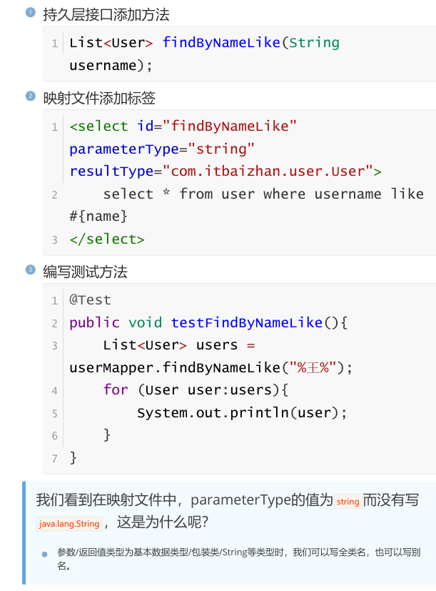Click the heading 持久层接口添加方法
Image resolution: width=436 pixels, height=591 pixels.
click(x=106, y=14)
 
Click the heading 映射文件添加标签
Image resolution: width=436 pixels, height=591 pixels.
click(x=99, y=98)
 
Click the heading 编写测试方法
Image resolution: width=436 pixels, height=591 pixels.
click(x=85, y=272)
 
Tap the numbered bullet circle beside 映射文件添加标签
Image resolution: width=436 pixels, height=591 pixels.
click(x=30, y=96)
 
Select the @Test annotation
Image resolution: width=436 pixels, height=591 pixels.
click(x=90, y=299)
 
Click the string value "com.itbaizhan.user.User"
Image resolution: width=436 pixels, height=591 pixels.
click(x=268, y=172)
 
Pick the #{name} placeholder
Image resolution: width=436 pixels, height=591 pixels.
click(x=98, y=216)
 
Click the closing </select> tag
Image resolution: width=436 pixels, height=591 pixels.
click(x=107, y=239)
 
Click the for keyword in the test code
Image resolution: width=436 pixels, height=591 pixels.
click(x=116, y=390)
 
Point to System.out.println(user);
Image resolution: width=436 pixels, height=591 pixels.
click(x=242, y=413)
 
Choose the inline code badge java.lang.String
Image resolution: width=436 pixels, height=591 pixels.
click(x=69, y=524)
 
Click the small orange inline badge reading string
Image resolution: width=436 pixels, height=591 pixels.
click(x=348, y=502)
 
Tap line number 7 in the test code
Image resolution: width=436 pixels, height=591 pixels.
click(x=54, y=458)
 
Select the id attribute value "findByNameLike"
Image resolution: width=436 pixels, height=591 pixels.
click(x=230, y=126)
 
